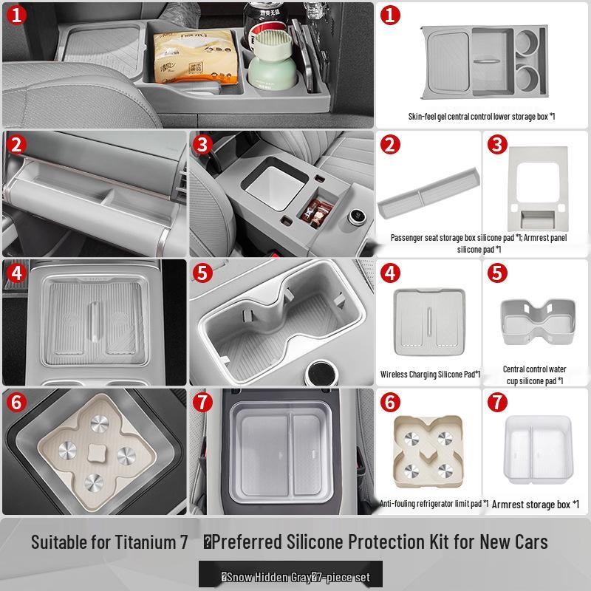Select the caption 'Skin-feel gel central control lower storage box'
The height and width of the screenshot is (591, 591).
coord(481,117)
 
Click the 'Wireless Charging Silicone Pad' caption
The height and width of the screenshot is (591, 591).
coord(431,375)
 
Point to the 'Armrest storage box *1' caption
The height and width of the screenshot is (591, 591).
coord(536,505)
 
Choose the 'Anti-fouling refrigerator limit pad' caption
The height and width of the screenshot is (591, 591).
coord(434,504)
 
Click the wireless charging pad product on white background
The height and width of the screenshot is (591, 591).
coord(429,318)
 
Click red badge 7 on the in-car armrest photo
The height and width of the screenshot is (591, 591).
coord(204,403)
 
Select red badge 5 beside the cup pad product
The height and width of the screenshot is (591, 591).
coord(499,273)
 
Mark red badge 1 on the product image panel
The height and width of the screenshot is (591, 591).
coord(392,16)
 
